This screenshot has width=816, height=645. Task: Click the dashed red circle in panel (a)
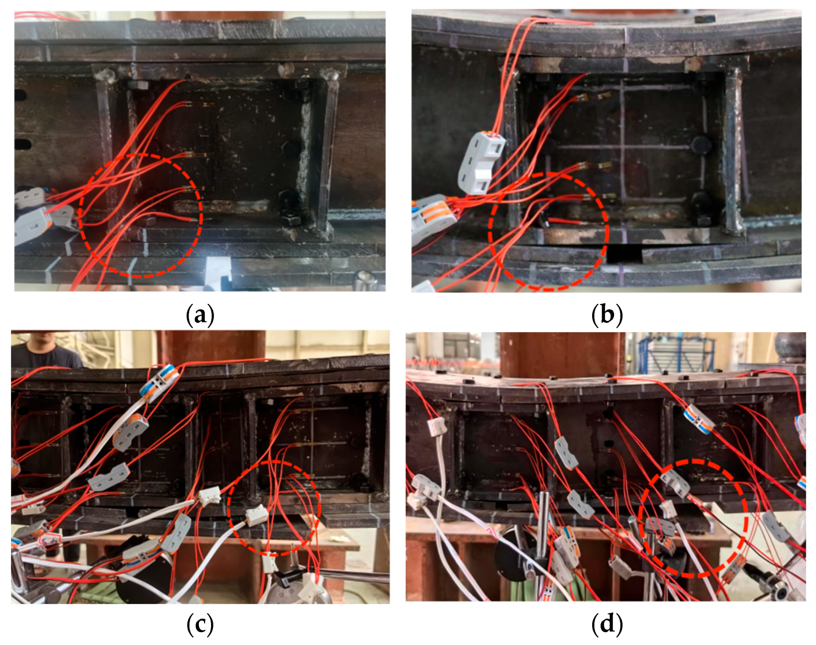point(141,216)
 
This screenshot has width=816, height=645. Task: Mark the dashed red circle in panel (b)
point(549,232)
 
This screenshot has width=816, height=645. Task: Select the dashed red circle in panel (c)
point(274,508)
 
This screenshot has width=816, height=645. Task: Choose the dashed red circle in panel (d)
point(694,518)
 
